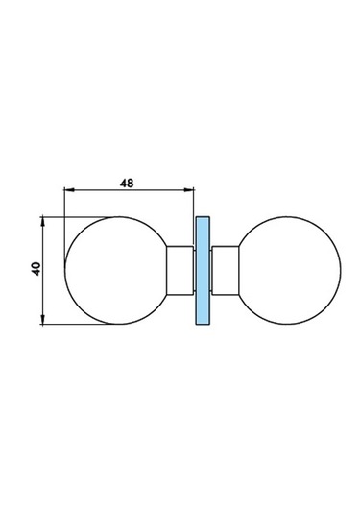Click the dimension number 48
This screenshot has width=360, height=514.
[127, 183]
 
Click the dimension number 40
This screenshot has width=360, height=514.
[36, 269]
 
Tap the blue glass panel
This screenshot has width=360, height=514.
[203, 270]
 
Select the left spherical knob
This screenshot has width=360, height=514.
[116, 270]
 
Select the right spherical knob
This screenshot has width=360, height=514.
[290, 270]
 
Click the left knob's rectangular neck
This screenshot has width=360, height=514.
[180, 270]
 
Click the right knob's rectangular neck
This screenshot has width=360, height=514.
[226, 270]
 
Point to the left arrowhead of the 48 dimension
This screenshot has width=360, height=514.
[69, 190]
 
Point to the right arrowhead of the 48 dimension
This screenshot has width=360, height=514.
[189, 190]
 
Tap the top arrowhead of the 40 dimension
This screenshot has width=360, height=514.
[42, 221]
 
